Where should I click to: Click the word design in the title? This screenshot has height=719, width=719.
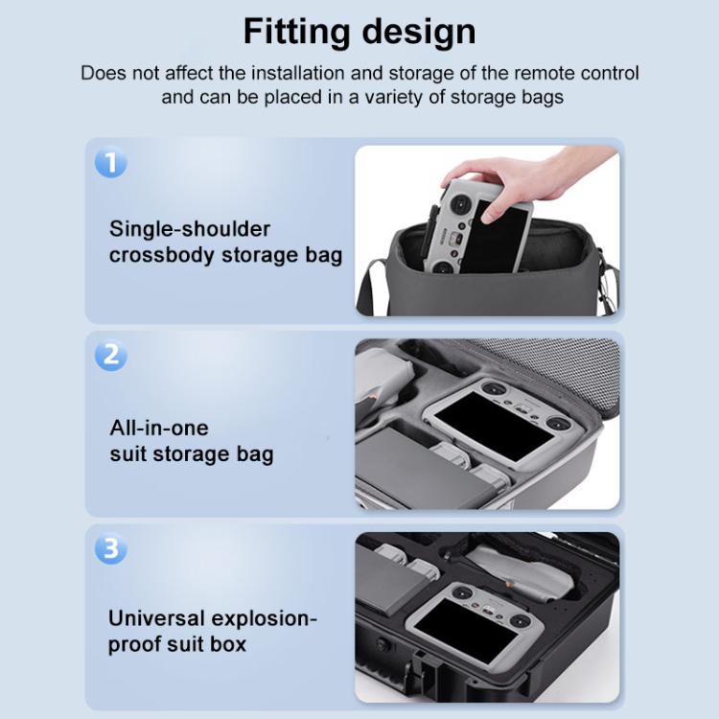[x=418, y=32]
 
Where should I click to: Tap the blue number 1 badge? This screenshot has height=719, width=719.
[x=110, y=163]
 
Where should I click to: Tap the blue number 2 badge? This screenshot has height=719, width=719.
[x=110, y=356]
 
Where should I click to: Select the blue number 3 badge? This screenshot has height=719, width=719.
[x=110, y=549]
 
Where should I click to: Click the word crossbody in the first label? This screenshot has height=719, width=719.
[x=163, y=256]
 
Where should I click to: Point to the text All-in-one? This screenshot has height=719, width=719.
[x=158, y=427]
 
